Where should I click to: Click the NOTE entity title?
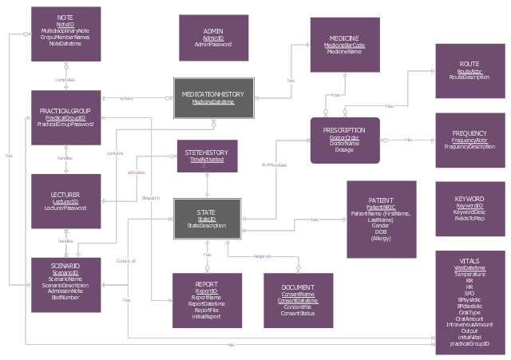click(65, 17)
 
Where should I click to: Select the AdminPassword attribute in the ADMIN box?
click(213, 45)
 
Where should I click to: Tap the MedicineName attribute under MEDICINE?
click(345, 52)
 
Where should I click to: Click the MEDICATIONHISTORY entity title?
click(213, 95)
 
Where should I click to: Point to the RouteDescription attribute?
click(469, 77)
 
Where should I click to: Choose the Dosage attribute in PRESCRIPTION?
click(345, 149)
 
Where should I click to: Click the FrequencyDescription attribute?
click(469, 147)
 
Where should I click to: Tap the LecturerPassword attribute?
click(65, 208)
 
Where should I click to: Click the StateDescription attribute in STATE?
click(207, 225)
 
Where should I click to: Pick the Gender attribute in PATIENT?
click(381, 225)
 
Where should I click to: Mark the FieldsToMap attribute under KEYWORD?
click(469, 218)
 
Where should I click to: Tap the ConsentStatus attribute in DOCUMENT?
click(298, 314)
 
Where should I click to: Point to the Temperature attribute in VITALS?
click(469, 273)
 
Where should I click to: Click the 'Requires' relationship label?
click(263, 256)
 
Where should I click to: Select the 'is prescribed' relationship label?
click(274, 165)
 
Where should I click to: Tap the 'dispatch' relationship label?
click(150, 198)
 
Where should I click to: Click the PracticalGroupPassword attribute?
click(65, 125)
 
